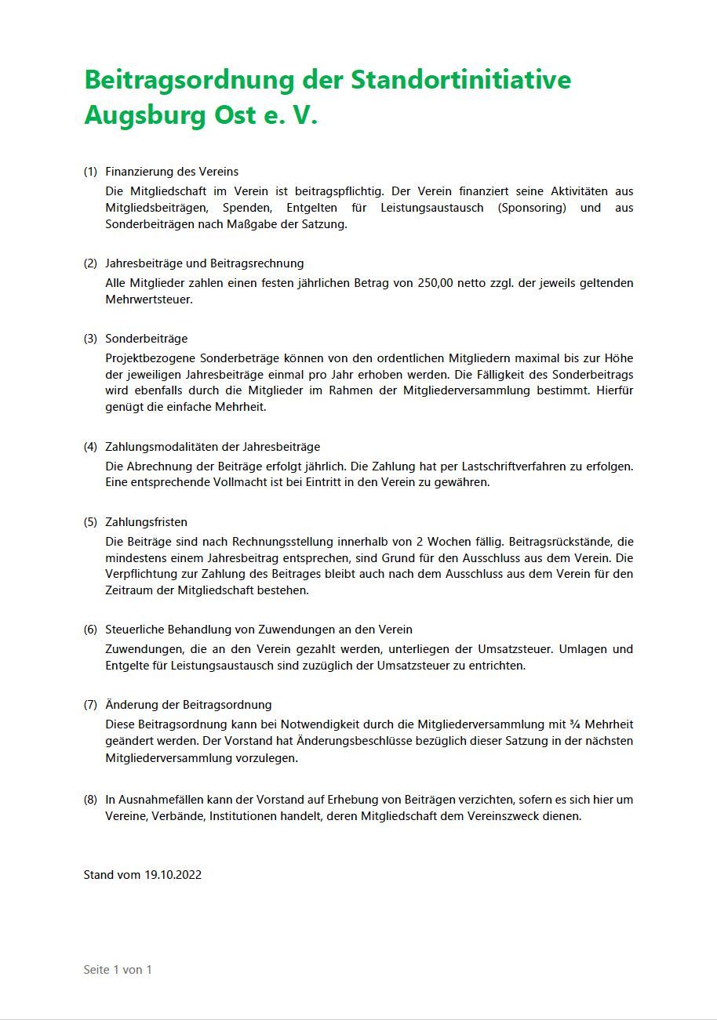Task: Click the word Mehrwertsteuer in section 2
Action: point(148,299)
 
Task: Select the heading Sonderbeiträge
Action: point(147,339)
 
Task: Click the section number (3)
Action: point(91,339)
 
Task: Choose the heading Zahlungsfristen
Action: point(146,522)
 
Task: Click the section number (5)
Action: point(91,522)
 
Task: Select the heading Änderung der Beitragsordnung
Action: point(188,705)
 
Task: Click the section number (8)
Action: point(91,800)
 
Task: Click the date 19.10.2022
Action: point(173,875)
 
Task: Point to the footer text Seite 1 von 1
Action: point(118,970)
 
